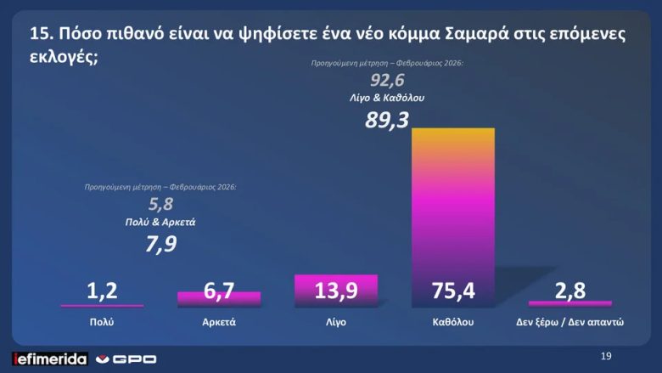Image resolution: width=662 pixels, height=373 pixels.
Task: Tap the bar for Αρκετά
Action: [219, 298]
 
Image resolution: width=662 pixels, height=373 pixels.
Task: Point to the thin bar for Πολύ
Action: [102, 305]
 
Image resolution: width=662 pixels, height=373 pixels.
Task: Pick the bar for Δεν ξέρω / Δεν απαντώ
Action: [569, 302]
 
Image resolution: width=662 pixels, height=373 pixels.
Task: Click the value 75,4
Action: [452, 291]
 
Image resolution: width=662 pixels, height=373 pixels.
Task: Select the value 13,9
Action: [335, 291]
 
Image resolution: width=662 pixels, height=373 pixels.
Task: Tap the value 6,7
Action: [219, 291]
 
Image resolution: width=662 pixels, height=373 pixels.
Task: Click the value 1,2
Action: [102, 291]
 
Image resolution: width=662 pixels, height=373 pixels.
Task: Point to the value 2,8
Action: [569, 291]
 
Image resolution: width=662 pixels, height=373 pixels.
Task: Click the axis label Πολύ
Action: [102, 323]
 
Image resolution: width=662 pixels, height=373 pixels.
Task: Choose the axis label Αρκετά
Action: [219, 323]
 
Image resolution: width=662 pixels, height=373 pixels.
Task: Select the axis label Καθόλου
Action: [452, 323]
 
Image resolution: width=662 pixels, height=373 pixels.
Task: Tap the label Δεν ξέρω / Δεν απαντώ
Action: [569, 323]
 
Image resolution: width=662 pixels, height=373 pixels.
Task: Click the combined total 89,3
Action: [387, 120]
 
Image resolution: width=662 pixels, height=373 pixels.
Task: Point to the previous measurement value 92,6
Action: [387, 82]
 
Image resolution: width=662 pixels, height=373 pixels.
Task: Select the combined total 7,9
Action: [160, 246]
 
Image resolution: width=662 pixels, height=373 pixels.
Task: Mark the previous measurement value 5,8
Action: [160, 205]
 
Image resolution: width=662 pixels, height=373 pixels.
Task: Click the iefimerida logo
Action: [49, 359]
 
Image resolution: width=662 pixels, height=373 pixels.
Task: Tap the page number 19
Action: [605, 355]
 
